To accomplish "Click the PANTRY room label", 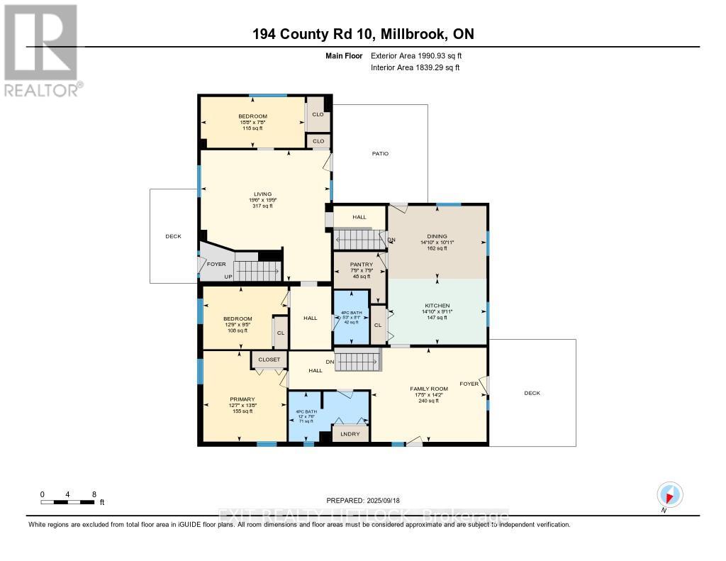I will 361,265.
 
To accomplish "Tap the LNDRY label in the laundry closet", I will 350,434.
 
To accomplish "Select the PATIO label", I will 381,154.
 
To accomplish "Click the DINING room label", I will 437,237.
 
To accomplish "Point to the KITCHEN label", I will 437,306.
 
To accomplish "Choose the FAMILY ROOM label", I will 429,389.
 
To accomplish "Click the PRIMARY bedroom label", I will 242,399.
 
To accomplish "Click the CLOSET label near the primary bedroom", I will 269,360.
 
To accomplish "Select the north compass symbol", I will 669,494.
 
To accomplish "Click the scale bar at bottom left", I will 68,502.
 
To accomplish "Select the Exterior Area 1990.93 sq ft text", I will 418,55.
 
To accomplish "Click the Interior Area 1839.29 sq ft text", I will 415,67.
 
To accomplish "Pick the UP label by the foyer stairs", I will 228,277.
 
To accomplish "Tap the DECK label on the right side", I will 532,393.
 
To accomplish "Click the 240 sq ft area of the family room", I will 429,401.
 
